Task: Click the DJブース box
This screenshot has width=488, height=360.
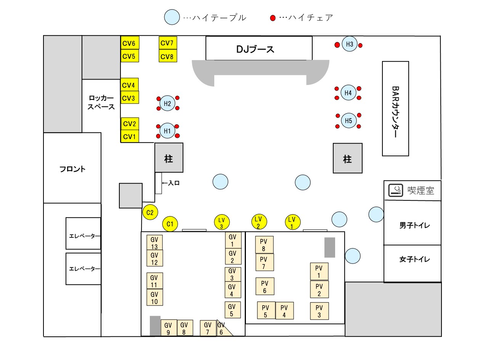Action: (259, 48)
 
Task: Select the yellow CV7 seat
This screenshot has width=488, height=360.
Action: (168, 43)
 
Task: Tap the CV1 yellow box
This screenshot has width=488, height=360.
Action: (130, 136)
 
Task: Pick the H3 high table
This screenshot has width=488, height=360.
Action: (349, 44)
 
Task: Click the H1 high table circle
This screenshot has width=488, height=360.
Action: (167, 131)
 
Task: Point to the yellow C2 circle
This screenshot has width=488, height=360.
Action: (150, 212)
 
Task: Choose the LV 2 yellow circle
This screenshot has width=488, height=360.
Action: (259, 222)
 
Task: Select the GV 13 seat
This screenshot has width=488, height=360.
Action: (155, 242)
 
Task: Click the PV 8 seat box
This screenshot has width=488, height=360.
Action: (264, 245)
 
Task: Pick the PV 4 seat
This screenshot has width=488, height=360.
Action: (284, 310)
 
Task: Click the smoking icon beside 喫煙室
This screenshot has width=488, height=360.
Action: (396, 190)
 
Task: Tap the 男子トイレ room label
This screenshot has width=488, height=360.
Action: (414, 225)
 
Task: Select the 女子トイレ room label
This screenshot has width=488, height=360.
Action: (414, 259)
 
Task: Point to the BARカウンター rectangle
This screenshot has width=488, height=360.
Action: (395, 109)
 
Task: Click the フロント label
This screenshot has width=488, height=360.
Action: (72, 169)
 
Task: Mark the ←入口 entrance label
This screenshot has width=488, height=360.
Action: (171, 183)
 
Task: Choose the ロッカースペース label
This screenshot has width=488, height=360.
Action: (101, 102)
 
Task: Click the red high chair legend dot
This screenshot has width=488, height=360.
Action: (273, 18)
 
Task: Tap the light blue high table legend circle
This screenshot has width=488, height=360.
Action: (172, 17)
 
